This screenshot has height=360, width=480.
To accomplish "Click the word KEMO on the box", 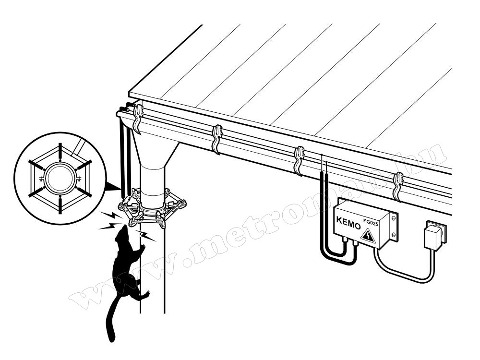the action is click(348, 223).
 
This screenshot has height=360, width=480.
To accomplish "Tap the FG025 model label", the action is click(371, 222).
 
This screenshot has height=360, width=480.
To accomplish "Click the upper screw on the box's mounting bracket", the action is click(394, 218).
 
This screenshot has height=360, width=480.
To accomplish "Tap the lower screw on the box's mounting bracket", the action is click(394, 235).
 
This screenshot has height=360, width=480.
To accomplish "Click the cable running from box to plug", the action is click(404, 274).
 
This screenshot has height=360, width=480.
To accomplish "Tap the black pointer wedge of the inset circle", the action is click(113, 187).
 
